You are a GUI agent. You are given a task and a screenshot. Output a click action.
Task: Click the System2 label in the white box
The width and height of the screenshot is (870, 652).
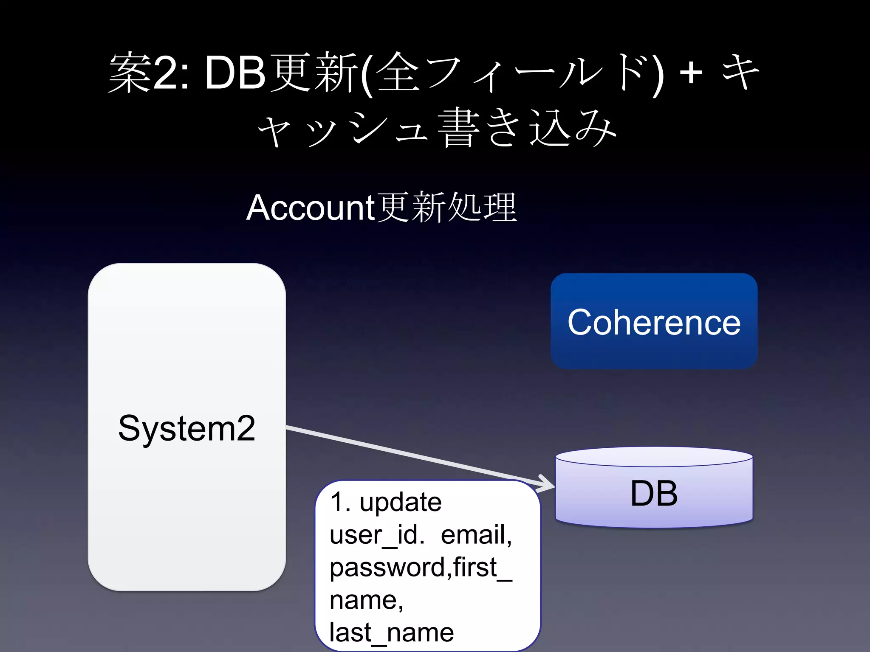(x=186, y=428)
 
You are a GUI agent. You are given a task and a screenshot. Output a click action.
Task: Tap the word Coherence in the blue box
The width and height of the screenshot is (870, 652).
(x=654, y=323)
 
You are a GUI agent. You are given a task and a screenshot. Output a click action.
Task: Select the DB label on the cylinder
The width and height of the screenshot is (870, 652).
(x=654, y=493)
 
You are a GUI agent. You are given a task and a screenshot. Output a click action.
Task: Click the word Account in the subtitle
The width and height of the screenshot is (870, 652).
(x=310, y=208)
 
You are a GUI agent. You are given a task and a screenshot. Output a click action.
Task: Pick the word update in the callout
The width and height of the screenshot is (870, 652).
(x=400, y=503)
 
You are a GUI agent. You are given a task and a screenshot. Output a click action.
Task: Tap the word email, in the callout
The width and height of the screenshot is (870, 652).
(x=476, y=535)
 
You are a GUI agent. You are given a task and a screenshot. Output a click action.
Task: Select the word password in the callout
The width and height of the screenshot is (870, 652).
(x=387, y=568)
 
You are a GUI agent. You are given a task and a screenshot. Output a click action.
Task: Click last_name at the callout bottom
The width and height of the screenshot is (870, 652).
(x=391, y=632)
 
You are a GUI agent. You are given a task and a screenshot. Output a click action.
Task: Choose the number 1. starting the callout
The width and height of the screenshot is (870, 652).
(x=340, y=503)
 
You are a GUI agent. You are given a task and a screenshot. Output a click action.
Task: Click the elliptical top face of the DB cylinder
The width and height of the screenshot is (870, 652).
(x=654, y=457)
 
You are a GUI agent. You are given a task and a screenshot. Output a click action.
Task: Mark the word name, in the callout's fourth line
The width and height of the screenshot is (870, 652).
(x=366, y=600)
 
